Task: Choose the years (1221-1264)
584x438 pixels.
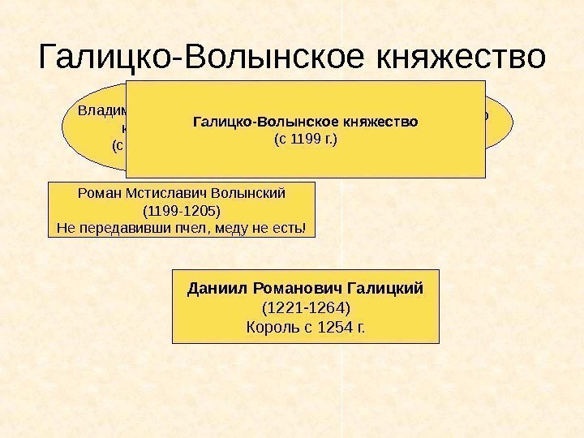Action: (x=305, y=308)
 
